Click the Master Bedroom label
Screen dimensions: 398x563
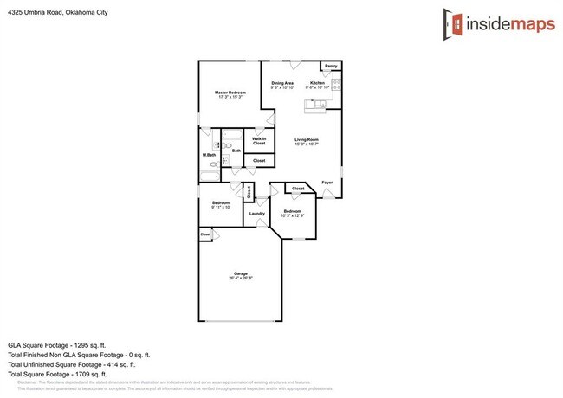point(230,93)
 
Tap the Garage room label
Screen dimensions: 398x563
point(240,273)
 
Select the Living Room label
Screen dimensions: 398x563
point(307,139)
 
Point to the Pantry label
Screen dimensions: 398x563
point(330,66)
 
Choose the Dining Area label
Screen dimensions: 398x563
point(282,83)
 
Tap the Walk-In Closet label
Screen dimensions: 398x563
point(259,141)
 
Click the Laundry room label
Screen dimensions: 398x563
point(256,213)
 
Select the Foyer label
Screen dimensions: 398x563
point(327,183)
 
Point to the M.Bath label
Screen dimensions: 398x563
point(209,156)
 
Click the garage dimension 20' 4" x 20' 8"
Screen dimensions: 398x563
point(240,279)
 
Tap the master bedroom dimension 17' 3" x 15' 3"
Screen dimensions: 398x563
point(230,98)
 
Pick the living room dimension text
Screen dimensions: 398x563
point(307,144)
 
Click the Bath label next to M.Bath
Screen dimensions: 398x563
point(236,151)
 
